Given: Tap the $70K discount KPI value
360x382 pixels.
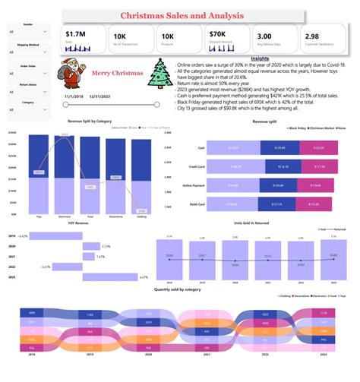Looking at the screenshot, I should click(216, 35).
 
